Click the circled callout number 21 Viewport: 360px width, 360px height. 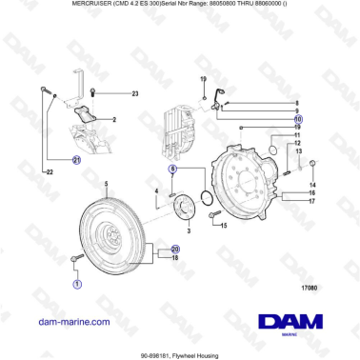coord(77,161)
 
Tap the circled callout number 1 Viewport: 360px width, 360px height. coord(77,283)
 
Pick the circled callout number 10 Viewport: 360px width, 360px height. coord(298,119)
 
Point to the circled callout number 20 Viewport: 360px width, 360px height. coord(175,249)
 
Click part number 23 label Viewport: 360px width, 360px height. coord(135,93)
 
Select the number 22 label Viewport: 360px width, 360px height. coord(49,171)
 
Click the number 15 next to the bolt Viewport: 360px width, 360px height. coord(224,226)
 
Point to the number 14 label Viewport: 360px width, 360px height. coord(311,184)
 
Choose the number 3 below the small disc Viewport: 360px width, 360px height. coord(188,231)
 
